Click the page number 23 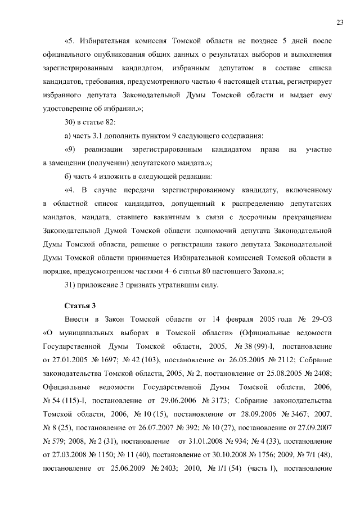click(x=340, y=22)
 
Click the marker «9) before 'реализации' click(x=70, y=149)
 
